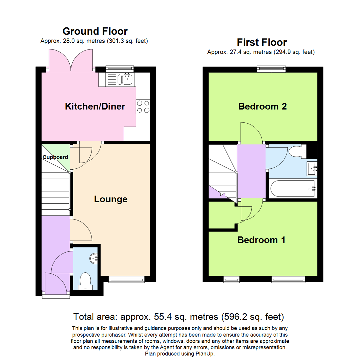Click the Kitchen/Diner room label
coord(95,107)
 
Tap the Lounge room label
coord(111,199)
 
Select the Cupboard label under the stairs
coord(55,157)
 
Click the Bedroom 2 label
coord(263,107)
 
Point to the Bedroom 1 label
coord(261,240)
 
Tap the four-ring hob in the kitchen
coord(143,107)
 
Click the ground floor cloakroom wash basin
coord(94,257)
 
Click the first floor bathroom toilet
coord(297,152)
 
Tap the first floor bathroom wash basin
coord(313,169)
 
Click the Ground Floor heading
coord(95,31)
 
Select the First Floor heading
coord(262,42)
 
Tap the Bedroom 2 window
coord(272,69)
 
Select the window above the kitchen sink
coord(120,69)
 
